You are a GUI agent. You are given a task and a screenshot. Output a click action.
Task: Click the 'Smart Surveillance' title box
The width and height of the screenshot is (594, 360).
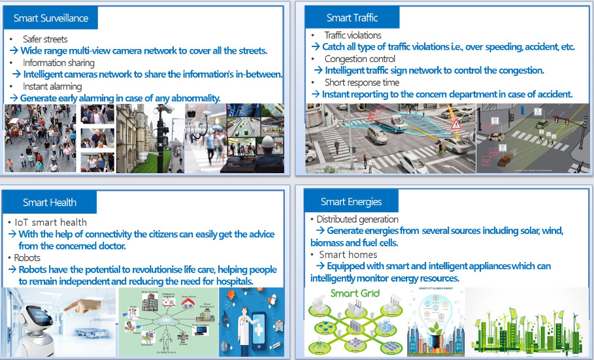click(51, 18)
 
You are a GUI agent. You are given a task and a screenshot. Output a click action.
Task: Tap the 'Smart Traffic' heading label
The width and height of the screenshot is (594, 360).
click(352, 18)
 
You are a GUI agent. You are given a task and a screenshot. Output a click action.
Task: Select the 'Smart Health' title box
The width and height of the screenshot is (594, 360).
click(50, 203)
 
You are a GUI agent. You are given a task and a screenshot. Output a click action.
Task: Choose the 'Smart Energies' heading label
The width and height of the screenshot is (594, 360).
click(351, 202)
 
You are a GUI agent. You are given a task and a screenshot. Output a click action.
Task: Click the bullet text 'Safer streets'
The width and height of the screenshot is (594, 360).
click(45, 39)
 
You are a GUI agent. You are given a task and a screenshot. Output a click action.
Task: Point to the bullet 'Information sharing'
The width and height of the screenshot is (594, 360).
click(59, 63)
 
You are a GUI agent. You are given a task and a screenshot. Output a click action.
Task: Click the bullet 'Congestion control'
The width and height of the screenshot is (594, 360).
click(360, 59)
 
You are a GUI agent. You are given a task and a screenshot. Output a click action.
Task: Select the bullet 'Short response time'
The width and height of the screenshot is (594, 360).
click(362, 82)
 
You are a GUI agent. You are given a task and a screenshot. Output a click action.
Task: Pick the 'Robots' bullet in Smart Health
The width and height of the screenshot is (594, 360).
click(27, 258)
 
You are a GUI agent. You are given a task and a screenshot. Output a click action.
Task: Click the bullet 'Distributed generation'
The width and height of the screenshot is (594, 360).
click(357, 220)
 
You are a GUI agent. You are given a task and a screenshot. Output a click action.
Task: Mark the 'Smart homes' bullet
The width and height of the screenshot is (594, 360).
click(348, 255)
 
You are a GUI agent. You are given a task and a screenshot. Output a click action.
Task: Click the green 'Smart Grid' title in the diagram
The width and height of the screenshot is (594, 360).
click(354, 293)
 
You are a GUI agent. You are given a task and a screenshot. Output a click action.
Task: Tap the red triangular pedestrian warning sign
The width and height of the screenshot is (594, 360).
click(455, 124)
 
